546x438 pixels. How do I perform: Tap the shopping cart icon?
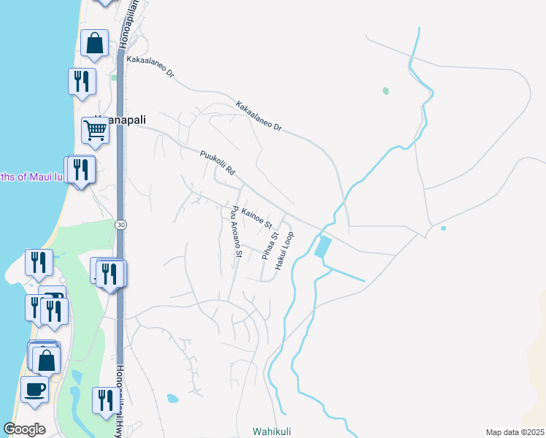click(96, 131)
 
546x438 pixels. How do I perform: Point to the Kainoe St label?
click(256, 216)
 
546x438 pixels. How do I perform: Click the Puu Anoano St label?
click(235, 231)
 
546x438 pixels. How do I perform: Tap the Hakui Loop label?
click(284, 251)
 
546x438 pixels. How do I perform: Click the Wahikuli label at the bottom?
click(272, 431)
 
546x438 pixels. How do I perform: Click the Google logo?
click(24, 429)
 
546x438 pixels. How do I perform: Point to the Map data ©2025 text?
click(514, 432)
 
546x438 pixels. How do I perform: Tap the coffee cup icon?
click(34, 388)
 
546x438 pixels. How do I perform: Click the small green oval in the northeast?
click(385, 91)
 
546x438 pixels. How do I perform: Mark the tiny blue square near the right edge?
click(443, 228)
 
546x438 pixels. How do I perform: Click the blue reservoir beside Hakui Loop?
click(322, 246)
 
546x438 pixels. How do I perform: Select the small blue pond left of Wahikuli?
click(172, 399)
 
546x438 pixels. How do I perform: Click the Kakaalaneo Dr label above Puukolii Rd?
click(258, 116)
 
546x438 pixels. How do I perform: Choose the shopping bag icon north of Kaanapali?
click(94, 44)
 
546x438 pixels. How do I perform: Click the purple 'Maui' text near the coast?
click(38, 176)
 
